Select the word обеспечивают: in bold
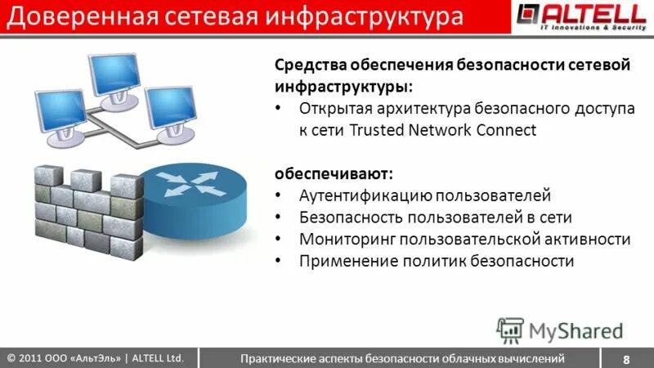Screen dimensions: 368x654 coord(333,173)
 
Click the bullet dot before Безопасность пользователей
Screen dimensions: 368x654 coord(280,218)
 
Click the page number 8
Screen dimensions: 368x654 coord(626,359)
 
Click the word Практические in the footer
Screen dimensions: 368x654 coord(276,358)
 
